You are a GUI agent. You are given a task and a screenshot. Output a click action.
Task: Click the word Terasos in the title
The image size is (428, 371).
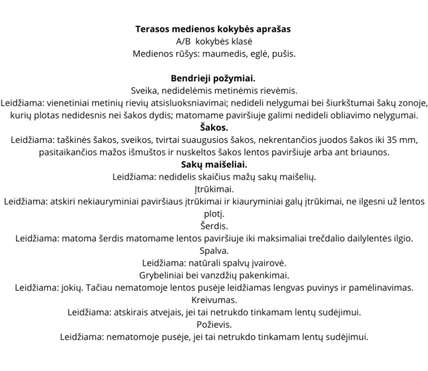click(x=153, y=29)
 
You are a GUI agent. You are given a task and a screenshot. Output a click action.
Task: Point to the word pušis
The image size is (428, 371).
click(x=282, y=54)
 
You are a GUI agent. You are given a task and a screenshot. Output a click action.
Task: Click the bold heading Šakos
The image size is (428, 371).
click(x=214, y=127)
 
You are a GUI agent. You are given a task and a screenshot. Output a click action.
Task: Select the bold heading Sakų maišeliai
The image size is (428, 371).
click(x=214, y=164)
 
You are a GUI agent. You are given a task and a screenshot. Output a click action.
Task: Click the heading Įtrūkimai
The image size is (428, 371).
click(x=214, y=189)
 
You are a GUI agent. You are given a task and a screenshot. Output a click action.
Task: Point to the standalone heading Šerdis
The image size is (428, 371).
click(x=214, y=226)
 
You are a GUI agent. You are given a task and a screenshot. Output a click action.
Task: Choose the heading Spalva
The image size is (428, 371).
click(x=214, y=250)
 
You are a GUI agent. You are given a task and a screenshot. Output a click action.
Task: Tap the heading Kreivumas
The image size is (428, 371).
click(x=214, y=299)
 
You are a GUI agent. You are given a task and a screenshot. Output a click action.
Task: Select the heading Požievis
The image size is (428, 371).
click(x=214, y=324)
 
